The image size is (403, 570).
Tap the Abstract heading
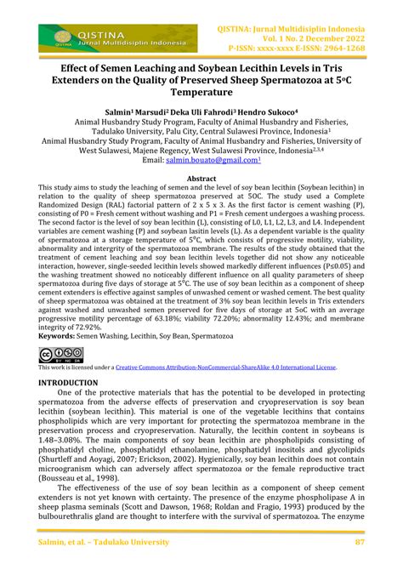tap(201, 179)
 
